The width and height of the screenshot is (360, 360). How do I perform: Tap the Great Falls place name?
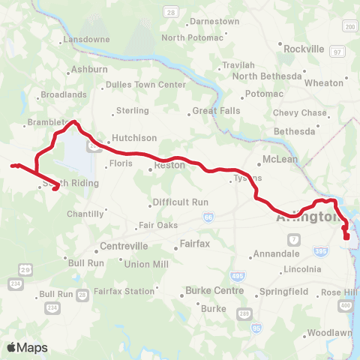point(215,111)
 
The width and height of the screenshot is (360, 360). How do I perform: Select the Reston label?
point(169,164)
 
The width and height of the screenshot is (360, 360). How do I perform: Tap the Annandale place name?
point(277,253)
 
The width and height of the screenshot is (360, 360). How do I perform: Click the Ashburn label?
point(89,70)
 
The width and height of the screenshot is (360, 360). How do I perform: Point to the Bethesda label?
point(295,131)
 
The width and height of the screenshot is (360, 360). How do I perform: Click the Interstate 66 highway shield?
point(206,217)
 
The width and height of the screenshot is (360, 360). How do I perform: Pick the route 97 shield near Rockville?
point(338,51)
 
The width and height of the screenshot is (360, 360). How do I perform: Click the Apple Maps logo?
point(25,346)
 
